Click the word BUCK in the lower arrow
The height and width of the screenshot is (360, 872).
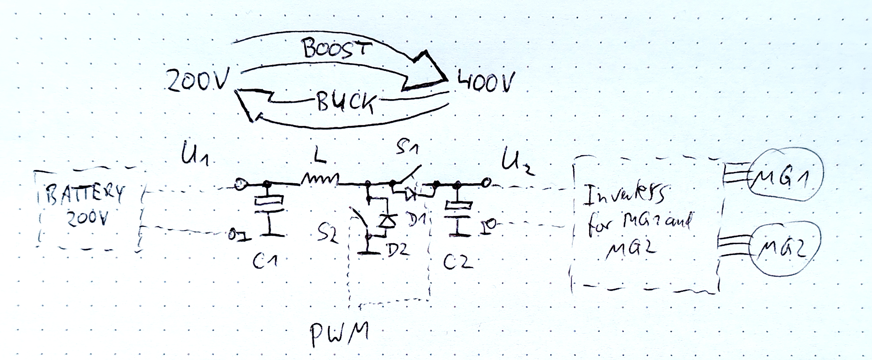(x=345, y=101)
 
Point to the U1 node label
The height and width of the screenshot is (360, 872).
(x=195, y=154)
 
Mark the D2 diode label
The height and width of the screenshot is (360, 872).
(x=399, y=250)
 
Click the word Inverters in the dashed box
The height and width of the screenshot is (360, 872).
(x=625, y=196)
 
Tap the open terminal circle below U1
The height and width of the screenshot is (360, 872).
(x=240, y=185)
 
